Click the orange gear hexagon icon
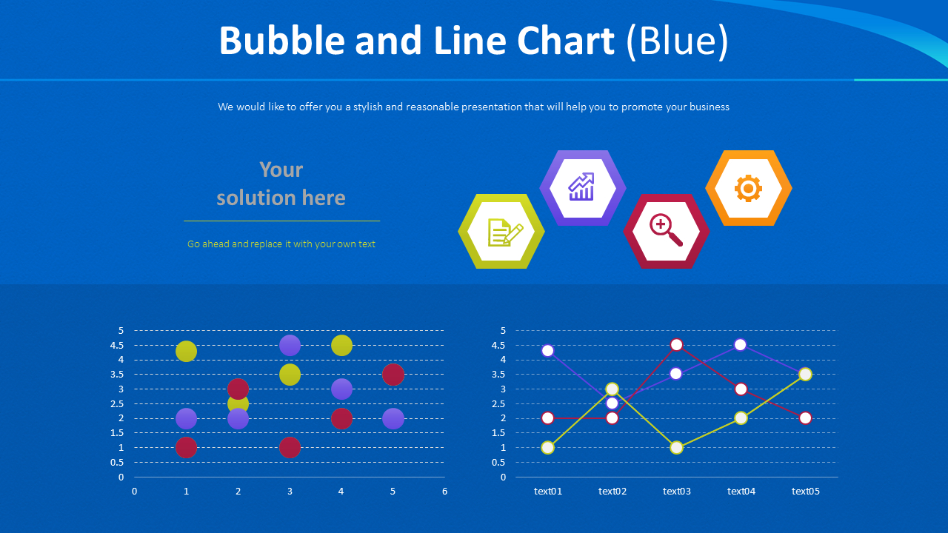pos(748,188)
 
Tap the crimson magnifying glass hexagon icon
pos(666,231)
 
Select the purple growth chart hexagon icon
pos(582,188)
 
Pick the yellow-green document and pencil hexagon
pos(501,231)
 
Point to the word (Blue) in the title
pos(677,41)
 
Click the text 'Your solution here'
pos(281,184)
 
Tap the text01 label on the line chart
pos(547,492)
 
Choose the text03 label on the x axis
pos(676,492)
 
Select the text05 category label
pos(805,492)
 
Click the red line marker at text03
pos(676,344)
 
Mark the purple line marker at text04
pos(741,344)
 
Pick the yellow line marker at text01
pos(547,447)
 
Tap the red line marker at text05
pos(805,418)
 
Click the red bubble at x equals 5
pos(393,375)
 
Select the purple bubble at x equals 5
pos(393,418)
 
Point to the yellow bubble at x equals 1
pos(187,352)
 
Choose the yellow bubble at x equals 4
pos(341,345)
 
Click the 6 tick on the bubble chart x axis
pos(444,492)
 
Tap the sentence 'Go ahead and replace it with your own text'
pos(281,244)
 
